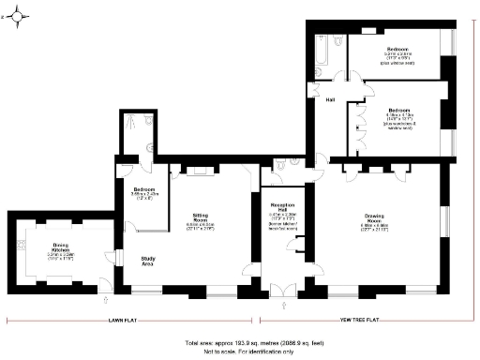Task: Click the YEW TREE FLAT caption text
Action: [x=359, y=320]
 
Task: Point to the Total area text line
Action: [x=238, y=343]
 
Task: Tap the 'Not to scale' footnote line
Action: [x=238, y=352]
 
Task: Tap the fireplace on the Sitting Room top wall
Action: [x=199, y=171]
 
